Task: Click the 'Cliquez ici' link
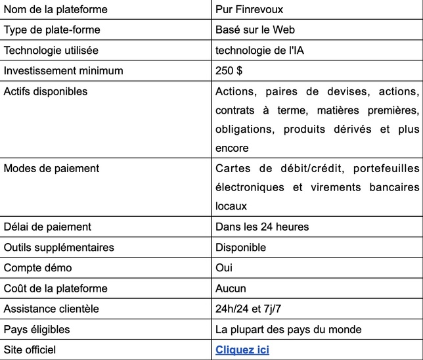click(x=242, y=349)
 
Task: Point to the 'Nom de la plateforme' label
click(x=56, y=10)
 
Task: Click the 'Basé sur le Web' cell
click(x=255, y=30)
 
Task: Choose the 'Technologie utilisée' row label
click(x=51, y=51)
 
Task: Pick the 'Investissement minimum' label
click(x=63, y=71)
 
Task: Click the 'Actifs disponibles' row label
click(x=45, y=92)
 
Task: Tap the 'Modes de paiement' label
click(x=51, y=168)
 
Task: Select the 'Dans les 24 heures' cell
click(x=262, y=227)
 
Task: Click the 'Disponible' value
click(x=240, y=247)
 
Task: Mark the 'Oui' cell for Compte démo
click(x=224, y=267)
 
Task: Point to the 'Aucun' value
click(x=231, y=288)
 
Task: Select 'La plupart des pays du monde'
click(x=288, y=329)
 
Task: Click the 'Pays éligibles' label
click(x=37, y=329)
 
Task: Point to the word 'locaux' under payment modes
click(x=231, y=206)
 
